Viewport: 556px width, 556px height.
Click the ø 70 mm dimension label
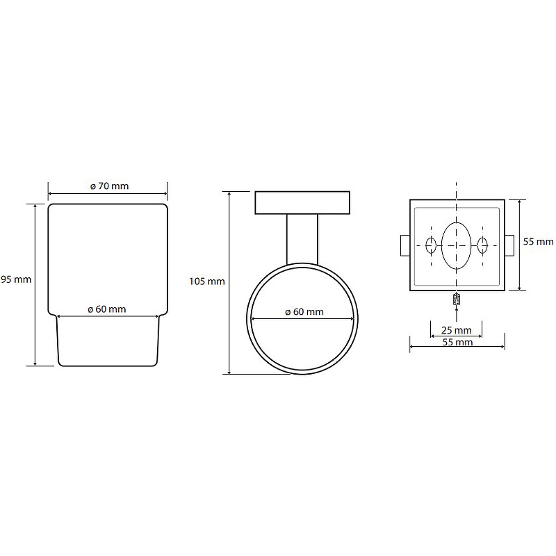coord(110,186)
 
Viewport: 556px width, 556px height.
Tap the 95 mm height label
coord(16,279)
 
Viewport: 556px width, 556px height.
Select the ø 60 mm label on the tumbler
coord(107,309)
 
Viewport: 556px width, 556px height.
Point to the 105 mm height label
coord(207,281)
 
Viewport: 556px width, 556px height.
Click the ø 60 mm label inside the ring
coord(304,311)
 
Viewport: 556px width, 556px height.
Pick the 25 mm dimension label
coord(457,330)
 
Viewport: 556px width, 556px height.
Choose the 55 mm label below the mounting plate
coord(457,342)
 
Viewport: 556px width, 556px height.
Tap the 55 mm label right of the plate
coord(538,241)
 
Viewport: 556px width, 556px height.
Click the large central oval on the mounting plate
coord(457,245)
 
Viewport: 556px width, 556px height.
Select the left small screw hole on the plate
coord(431,245)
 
